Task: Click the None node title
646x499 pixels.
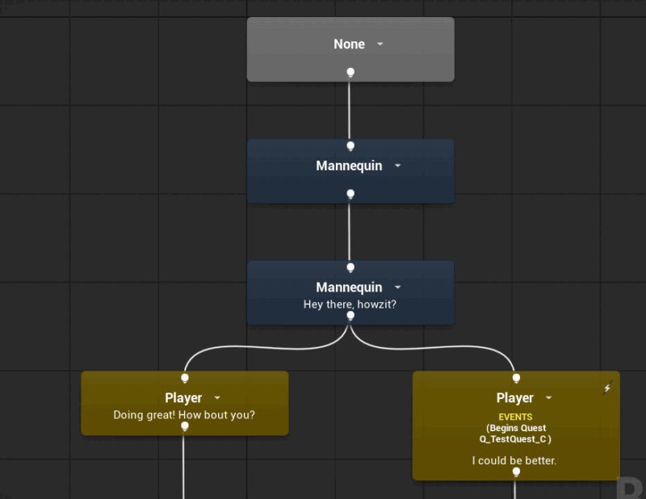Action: [349, 44]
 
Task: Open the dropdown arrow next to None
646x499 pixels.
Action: [380, 44]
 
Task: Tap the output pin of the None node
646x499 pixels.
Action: [350, 73]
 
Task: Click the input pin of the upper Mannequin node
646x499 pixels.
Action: [350, 146]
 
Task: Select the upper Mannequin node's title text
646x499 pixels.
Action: [349, 166]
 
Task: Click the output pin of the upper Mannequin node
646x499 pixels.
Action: [350, 194]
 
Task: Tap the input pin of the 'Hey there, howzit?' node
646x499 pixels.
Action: [350, 268]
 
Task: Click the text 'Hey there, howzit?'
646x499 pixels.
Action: [350, 304]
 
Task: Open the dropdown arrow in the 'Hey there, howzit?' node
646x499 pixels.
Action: [397, 287]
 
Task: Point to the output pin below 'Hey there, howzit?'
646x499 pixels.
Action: [350, 316]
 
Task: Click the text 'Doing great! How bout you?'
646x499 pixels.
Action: [184, 415]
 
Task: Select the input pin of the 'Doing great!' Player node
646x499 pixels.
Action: [185, 378]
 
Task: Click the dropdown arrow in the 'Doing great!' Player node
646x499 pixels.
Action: [217, 397]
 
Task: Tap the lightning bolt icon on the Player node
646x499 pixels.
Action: [607, 388]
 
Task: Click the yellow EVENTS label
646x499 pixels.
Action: [515, 417]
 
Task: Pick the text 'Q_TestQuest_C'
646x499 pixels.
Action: [513, 439]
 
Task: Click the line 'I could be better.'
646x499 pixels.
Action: [514, 461]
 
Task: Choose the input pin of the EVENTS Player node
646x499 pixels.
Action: [516, 378]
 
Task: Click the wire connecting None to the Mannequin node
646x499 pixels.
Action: [350, 110]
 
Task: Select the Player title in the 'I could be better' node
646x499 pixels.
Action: [514, 397]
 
